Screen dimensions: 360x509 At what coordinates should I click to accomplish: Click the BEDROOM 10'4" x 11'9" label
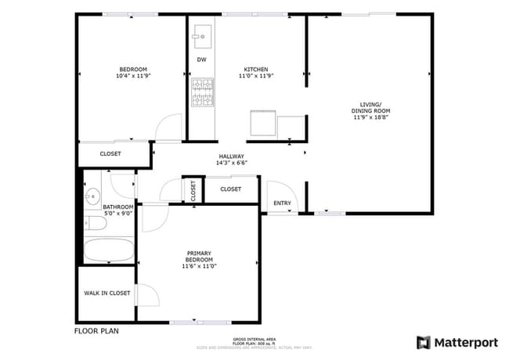[132, 73]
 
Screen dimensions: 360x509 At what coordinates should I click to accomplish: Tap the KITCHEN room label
[255, 73]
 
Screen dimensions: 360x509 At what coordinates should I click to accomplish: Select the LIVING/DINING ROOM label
[370, 108]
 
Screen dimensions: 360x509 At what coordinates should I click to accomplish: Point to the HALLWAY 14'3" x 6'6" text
[231, 160]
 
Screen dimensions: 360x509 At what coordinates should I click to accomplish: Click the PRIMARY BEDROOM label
[197, 259]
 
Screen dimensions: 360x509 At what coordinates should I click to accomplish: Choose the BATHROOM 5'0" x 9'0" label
[117, 209]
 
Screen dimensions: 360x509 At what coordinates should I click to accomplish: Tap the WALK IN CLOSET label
[106, 293]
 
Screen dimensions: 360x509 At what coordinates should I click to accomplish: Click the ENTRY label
[281, 203]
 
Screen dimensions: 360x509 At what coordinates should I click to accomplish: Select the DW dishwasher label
[201, 60]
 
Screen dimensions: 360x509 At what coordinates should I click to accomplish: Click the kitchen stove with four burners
[203, 92]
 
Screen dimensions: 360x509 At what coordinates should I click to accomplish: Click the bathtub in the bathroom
[109, 251]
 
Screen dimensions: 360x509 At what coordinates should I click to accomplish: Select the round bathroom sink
[92, 195]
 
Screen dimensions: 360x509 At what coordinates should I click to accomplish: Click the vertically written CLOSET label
[191, 189]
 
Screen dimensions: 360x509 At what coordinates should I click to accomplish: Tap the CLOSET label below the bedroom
[110, 154]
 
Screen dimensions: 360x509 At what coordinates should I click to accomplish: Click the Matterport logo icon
[424, 342]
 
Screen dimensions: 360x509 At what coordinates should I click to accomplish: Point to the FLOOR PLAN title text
[96, 331]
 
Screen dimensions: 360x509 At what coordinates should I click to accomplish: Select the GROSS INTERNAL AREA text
[254, 338]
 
